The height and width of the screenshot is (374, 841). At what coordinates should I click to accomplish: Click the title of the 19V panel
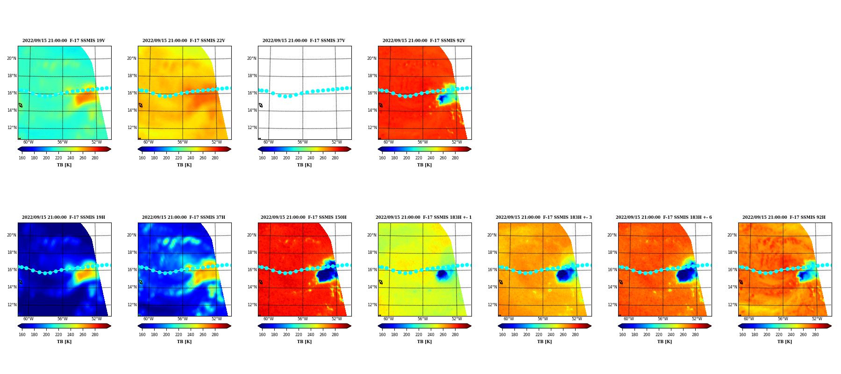tap(64, 41)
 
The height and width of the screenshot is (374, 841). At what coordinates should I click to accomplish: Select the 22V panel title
tap(184, 41)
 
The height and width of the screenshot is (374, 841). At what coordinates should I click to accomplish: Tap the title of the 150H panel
tap(304, 217)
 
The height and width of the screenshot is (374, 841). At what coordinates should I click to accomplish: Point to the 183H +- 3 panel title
tap(544, 217)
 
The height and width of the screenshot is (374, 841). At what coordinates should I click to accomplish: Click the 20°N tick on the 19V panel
tap(12, 58)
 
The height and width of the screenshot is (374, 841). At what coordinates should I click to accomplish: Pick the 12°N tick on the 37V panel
tap(252, 128)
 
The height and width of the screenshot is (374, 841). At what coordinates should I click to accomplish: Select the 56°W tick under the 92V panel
tap(423, 142)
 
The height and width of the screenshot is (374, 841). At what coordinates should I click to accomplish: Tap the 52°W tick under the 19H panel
tap(96, 319)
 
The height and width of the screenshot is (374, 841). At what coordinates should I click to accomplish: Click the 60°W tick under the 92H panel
tap(749, 319)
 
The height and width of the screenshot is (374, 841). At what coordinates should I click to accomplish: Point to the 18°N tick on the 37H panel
tap(132, 252)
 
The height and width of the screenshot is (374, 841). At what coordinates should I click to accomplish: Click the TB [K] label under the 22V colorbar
tap(185, 165)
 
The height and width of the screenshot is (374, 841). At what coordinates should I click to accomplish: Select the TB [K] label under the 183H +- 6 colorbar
tap(665, 342)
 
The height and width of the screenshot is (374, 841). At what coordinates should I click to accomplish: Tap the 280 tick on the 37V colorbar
tap(335, 158)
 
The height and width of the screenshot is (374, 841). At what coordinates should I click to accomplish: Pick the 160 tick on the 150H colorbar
tap(262, 335)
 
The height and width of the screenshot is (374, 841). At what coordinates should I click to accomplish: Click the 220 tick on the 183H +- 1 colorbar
tap(419, 335)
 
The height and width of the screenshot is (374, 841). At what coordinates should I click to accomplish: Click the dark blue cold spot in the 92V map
tap(442, 99)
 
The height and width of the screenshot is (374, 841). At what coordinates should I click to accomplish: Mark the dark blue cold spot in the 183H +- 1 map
tap(442, 275)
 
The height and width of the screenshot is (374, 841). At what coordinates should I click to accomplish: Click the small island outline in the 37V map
tap(261, 105)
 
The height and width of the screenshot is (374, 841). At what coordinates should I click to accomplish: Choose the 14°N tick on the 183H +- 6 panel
tap(613, 287)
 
